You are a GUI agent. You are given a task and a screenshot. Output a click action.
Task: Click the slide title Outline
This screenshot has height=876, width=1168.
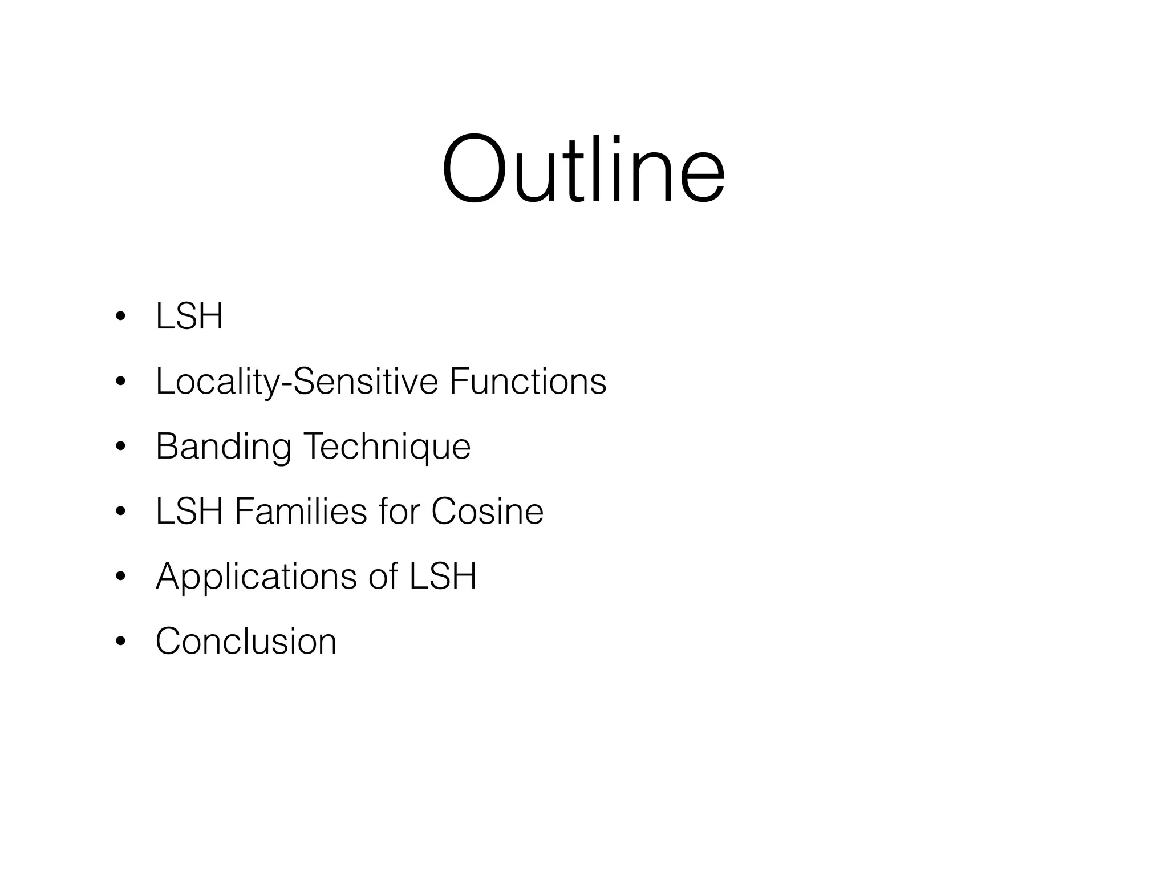[583, 169]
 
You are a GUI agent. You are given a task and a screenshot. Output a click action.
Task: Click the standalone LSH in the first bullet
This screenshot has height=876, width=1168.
[189, 317]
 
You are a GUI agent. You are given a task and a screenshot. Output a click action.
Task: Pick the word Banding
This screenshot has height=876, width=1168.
[223, 447]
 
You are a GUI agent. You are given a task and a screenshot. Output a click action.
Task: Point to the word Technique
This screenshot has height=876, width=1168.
[387, 447]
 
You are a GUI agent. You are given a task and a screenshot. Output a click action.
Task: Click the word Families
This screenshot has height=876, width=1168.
[301, 511]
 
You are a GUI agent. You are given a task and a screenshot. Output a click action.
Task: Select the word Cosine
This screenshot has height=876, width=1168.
[487, 511]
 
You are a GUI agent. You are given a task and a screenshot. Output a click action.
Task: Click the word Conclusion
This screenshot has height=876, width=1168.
[246, 641]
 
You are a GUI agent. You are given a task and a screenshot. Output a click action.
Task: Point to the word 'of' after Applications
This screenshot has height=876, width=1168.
[383, 577]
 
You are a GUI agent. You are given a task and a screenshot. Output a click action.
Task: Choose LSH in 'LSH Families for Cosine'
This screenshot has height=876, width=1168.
[189, 511]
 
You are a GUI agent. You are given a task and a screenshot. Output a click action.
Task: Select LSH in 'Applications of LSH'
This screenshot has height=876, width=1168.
[443, 577]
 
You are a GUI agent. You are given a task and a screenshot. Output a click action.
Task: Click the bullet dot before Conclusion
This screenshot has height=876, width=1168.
[120, 642]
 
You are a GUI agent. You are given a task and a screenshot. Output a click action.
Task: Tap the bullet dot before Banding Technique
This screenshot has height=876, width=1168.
[120, 447]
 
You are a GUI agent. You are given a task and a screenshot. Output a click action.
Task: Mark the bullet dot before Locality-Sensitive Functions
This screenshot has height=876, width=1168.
[120, 382]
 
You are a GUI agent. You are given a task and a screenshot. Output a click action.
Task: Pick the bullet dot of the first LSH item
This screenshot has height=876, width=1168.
[120, 317]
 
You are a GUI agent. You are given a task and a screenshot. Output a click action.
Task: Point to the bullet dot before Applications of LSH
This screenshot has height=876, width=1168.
[120, 577]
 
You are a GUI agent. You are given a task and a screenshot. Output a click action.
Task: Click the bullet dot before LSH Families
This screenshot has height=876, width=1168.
[120, 512]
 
